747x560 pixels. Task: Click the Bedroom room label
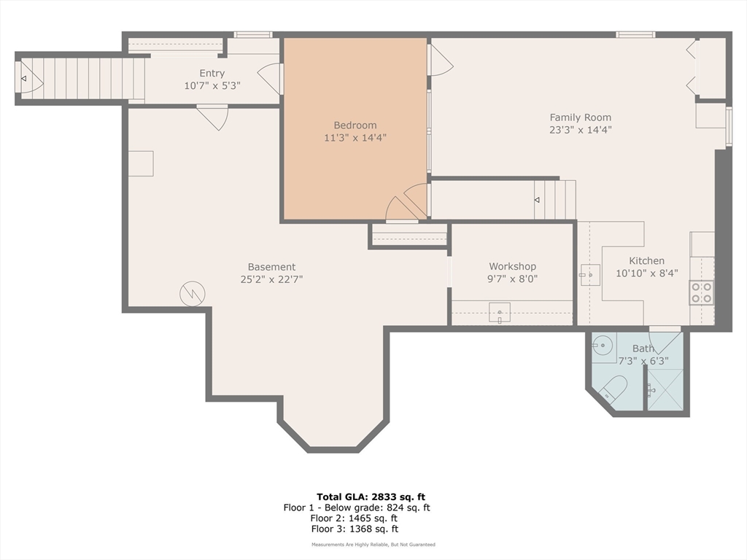pyautogui.click(x=355, y=125)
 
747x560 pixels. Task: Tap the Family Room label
pyautogui.click(x=580, y=117)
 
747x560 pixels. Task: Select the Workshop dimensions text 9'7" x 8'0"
pyautogui.click(x=512, y=279)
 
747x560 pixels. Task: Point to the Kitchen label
pyautogui.click(x=646, y=261)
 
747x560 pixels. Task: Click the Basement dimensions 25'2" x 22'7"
pyautogui.click(x=271, y=279)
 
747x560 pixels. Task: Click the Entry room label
pyautogui.click(x=212, y=74)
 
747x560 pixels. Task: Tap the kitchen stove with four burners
pyautogui.click(x=701, y=292)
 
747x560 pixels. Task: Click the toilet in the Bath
pyautogui.click(x=613, y=388)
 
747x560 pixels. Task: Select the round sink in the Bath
pyautogui.click(x=604, y=343)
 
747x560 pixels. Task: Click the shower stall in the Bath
pyautogui.click(x=665, y=390)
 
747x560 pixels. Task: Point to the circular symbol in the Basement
pyautogui.click(x=193, y=294)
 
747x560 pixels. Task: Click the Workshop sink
pyautogui.click(x=500, y=313)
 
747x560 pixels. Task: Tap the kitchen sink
pyautogui.click(x=589, y=275)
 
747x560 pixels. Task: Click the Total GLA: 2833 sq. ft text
pyautogui.click(x=371, y=497)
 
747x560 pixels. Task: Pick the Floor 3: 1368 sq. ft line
pyautogui.click(x=355, y=529)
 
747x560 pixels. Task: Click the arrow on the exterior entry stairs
pyautogui.click(x=23, y=79)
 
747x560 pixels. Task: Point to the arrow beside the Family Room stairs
pyautogui.click(x=537, y=200)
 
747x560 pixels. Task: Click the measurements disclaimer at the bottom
pyautogui.click(x=373, y=544)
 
